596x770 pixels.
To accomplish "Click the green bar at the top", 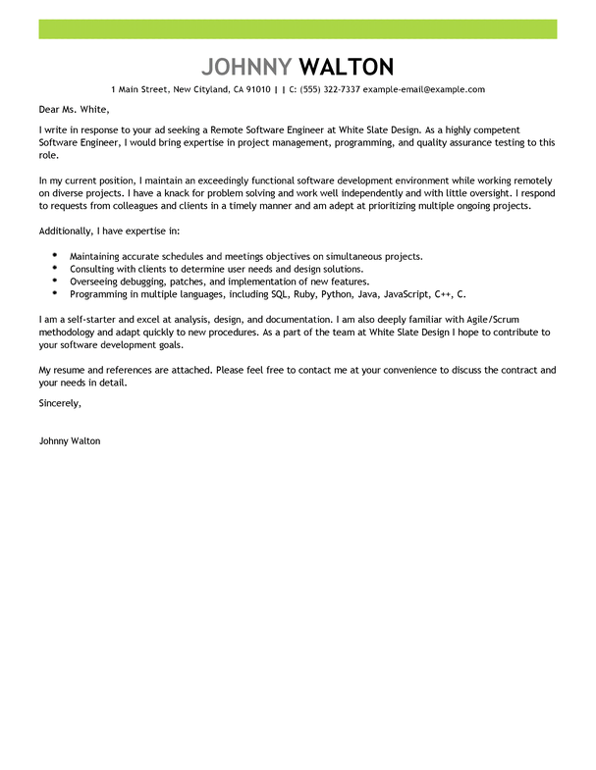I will [298, 28].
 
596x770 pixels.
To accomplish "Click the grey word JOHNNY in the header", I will [245, 67].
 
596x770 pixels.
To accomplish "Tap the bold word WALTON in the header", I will [346, 67].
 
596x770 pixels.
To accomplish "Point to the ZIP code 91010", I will [258, 89].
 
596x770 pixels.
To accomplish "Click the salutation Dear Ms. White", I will [74, 109].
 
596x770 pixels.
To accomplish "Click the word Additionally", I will [71, 231].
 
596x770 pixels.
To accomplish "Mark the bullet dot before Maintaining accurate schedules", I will [54, 255].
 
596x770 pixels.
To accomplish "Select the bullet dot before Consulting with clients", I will [54, 268].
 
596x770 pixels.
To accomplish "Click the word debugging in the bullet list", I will [143, 281].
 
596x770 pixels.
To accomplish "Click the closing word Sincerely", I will [60, 402].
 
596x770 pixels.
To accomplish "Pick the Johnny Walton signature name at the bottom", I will [69, 440].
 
